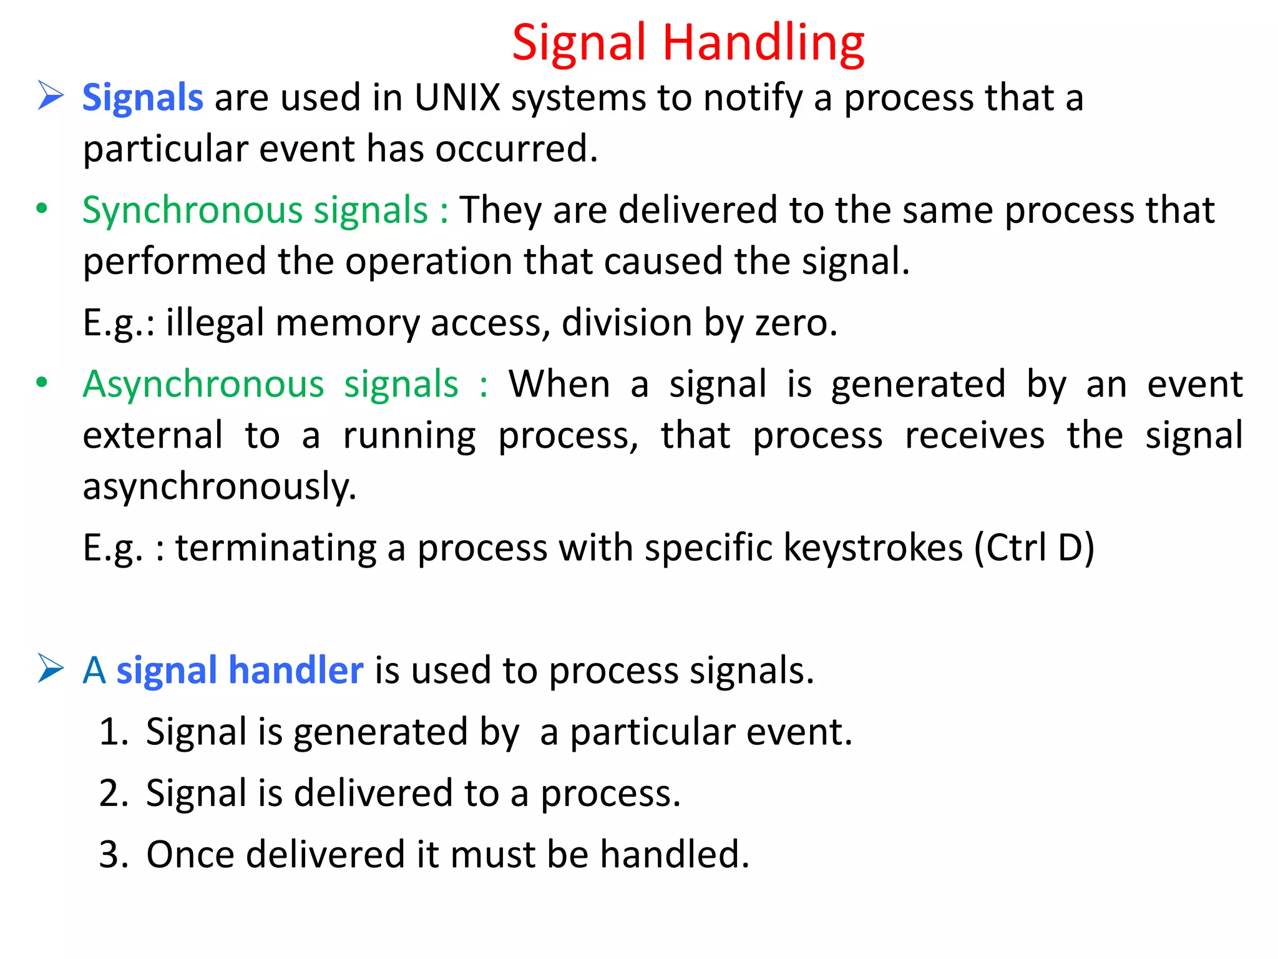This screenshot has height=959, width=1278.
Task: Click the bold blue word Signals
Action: [143, 98]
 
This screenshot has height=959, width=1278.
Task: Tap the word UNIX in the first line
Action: [457, 98]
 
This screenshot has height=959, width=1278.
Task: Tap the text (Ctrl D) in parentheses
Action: [1034, 548]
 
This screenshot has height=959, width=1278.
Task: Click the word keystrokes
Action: [873, 548]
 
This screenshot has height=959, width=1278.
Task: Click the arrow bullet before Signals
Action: [51, 96]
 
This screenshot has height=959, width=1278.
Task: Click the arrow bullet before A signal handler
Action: [51, 668]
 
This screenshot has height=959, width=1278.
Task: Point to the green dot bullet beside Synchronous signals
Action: [42, 209]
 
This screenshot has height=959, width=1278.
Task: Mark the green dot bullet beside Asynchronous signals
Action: [42, 382]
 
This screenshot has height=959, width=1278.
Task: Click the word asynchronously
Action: [219, 487]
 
